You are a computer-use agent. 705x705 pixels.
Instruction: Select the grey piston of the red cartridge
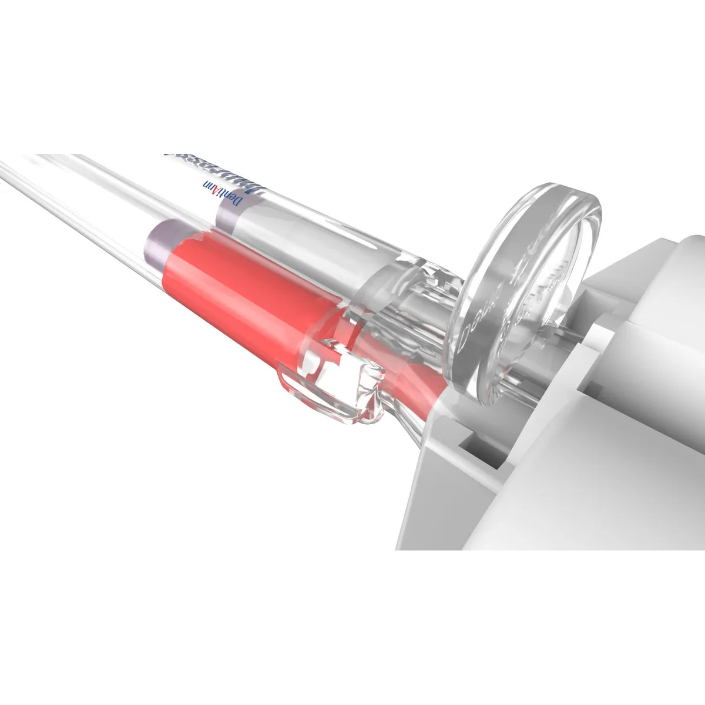pos(155,240)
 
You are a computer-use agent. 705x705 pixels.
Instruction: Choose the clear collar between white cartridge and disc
pos(405,294)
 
